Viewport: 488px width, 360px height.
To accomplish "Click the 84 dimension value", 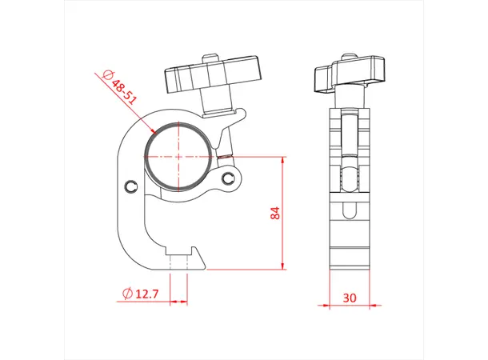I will tap(274, 213).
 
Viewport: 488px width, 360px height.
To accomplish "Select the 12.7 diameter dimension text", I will tap(148, 294).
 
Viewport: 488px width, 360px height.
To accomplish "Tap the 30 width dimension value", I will tap(349, 296).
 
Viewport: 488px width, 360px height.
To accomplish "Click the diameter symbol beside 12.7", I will tap(127, 294).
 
